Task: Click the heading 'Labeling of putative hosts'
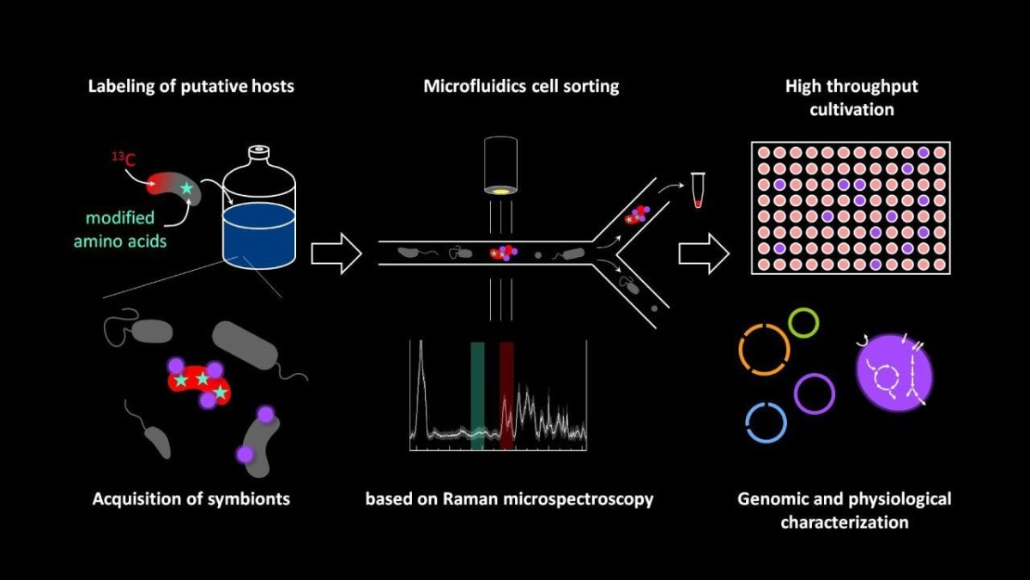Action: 191,87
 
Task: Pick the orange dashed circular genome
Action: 763,351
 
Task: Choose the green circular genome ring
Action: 803,322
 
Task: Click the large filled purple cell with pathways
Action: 894,373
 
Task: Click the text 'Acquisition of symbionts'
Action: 191,499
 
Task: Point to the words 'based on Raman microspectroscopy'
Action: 509,499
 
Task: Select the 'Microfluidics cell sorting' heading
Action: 521,87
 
